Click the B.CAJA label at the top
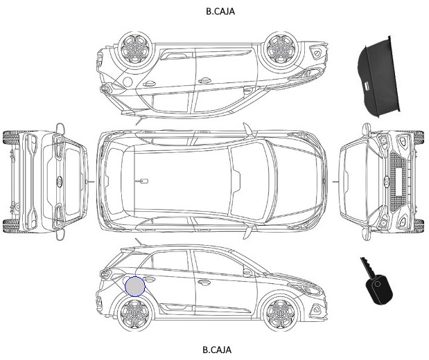point(220,11)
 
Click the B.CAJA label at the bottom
point(217,350)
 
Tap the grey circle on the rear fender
point(135,287)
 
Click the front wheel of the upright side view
point(280,313)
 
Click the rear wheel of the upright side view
point(134,313)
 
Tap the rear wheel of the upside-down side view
point(134,48)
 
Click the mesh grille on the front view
point(398,182)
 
